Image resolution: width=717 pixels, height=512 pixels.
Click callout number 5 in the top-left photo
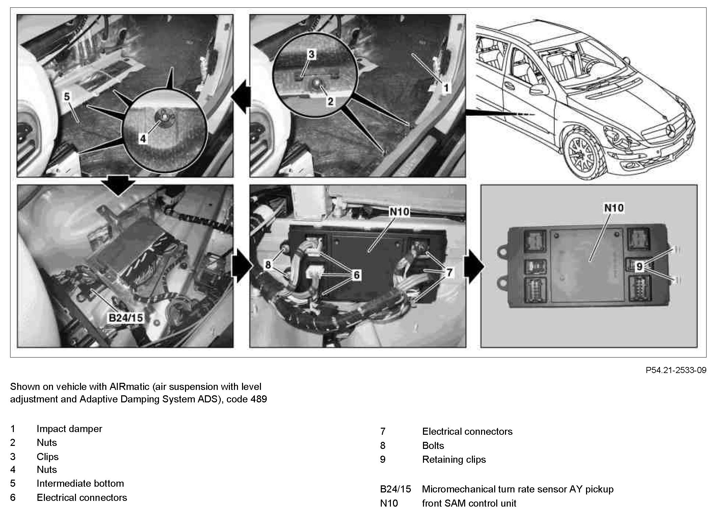[67, 97]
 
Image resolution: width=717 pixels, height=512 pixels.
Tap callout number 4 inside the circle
[143, 138]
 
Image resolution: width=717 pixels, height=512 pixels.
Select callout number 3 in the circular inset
[311, 54]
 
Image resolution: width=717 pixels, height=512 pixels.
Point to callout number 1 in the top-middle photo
[446, 88]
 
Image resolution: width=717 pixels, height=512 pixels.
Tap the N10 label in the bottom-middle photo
[399, 212]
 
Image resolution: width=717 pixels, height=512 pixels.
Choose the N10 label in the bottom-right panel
[613, 207]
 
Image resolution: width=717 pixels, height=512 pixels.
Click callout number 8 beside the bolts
[268, 265]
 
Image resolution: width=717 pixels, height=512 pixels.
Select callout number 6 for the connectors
[357, 275]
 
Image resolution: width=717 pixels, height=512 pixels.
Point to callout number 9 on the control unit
[639, 267]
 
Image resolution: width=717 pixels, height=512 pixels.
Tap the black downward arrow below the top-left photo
[118, 186]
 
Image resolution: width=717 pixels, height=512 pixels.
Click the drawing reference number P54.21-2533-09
[676, 370]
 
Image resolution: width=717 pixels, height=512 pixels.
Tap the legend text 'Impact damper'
[69, 429]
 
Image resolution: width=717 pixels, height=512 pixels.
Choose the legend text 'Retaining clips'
[454, 459]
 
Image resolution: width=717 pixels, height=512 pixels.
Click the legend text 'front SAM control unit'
[469, 503]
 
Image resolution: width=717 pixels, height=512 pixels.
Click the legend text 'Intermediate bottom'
[80, 483]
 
